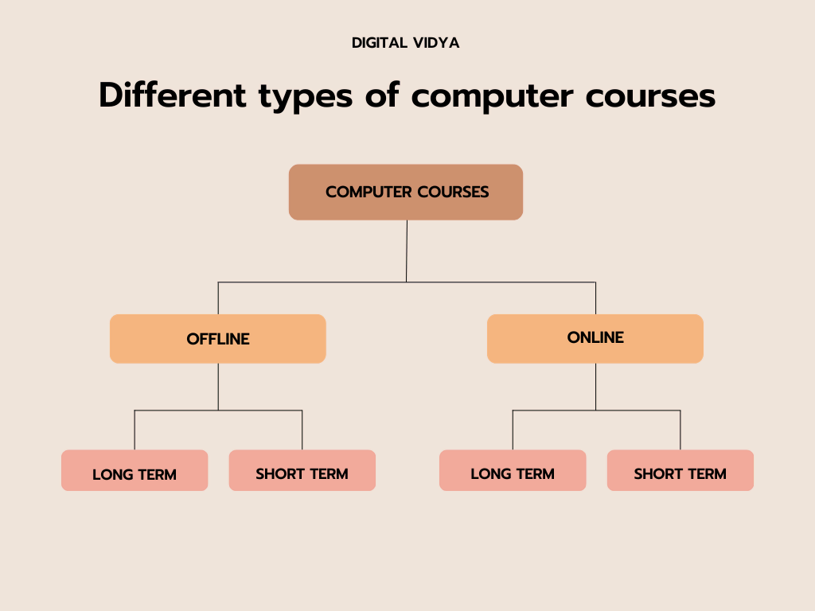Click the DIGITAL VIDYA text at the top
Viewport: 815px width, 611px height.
(x=406, y=43)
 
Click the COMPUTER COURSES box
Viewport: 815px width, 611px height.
(x=406, y=192)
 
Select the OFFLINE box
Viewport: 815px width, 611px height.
(x=218, y=339)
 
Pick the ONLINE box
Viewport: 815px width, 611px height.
(x=595, y=338)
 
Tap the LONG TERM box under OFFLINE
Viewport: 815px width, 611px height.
(x=135, y=470)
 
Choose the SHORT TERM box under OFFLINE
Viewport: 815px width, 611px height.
(x=302, y=470)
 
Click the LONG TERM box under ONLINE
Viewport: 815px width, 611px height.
(x=513, y=470)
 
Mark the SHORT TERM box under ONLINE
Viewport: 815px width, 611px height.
(x=680, y=470)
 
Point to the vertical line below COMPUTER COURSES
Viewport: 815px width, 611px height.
(x=407, y=251)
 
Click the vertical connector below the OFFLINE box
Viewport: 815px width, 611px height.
(x=218, y=387)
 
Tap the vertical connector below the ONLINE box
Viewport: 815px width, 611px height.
(x=595, y=387)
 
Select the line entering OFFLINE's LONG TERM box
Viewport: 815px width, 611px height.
(x=135, y=430)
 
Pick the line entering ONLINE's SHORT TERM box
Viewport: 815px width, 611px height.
(x=680, y=430)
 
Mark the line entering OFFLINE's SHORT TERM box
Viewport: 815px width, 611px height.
(x=302, y=430)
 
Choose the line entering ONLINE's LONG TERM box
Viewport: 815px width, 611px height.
(x=513, y=430)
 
